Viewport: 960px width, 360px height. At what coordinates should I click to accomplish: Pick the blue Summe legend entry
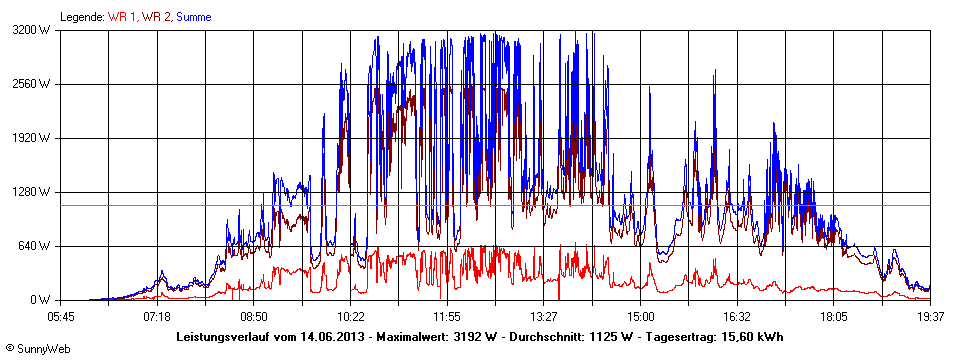click(x=193, y=17)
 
